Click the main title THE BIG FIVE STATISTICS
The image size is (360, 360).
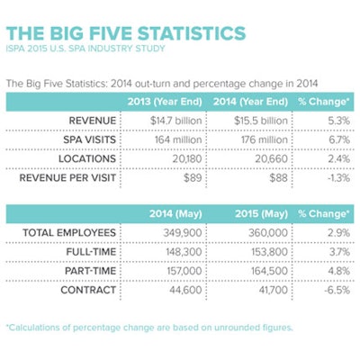[x=126, y=33]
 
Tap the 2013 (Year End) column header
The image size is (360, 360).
[x=167, y=100]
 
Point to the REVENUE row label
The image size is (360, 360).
[x=94, y=120]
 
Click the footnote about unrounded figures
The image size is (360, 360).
[x=148, y=327]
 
